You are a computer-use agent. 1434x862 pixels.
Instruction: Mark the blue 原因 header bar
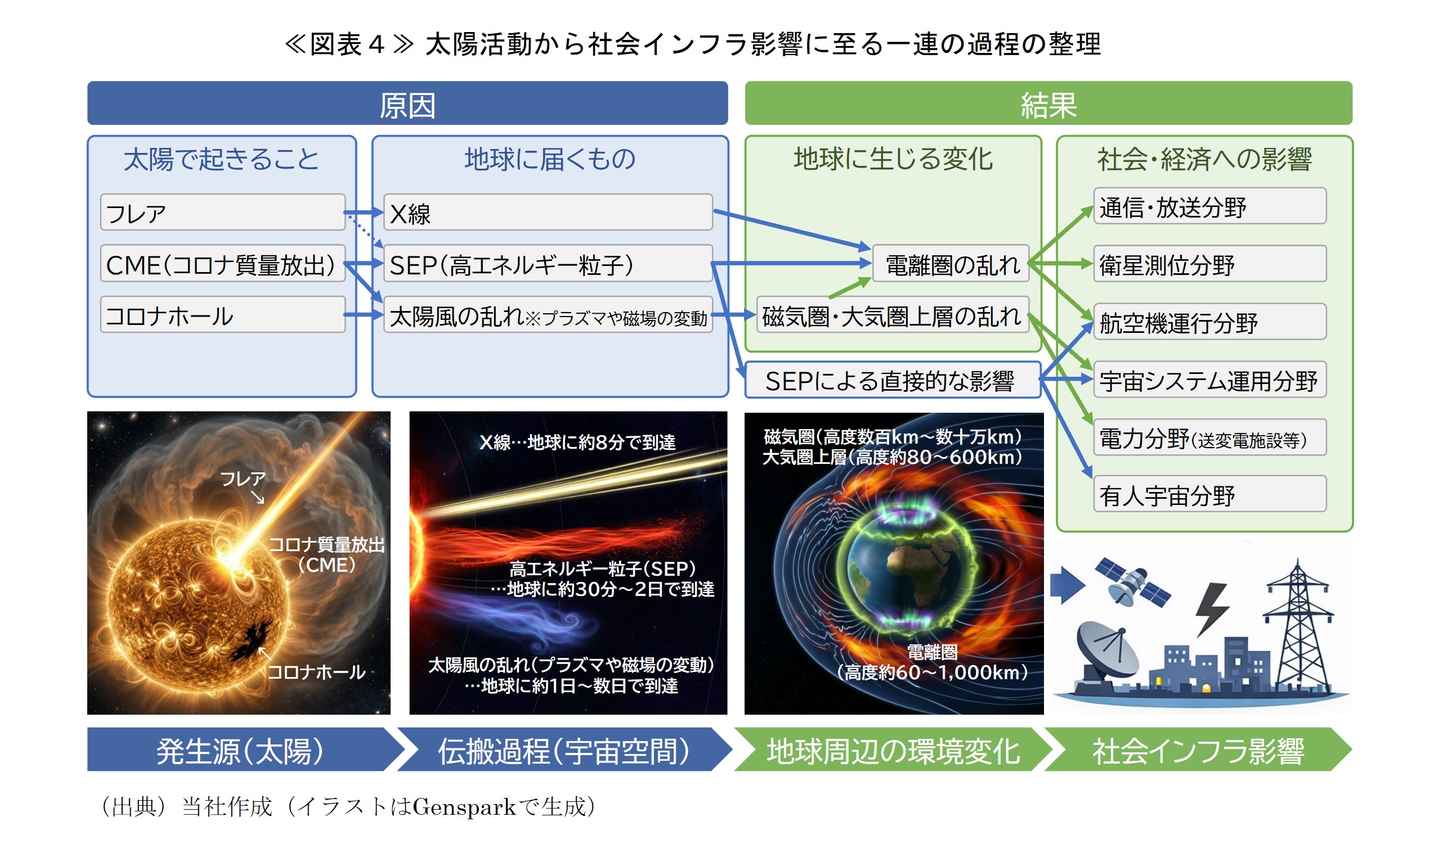click(x=407, y=103)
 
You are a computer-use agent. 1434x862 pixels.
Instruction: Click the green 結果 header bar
click(x=1047, y=103)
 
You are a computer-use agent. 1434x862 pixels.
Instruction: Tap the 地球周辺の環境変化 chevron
click(x=892, y=750)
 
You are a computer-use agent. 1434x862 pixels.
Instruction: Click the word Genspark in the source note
click(x=463, y=806)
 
